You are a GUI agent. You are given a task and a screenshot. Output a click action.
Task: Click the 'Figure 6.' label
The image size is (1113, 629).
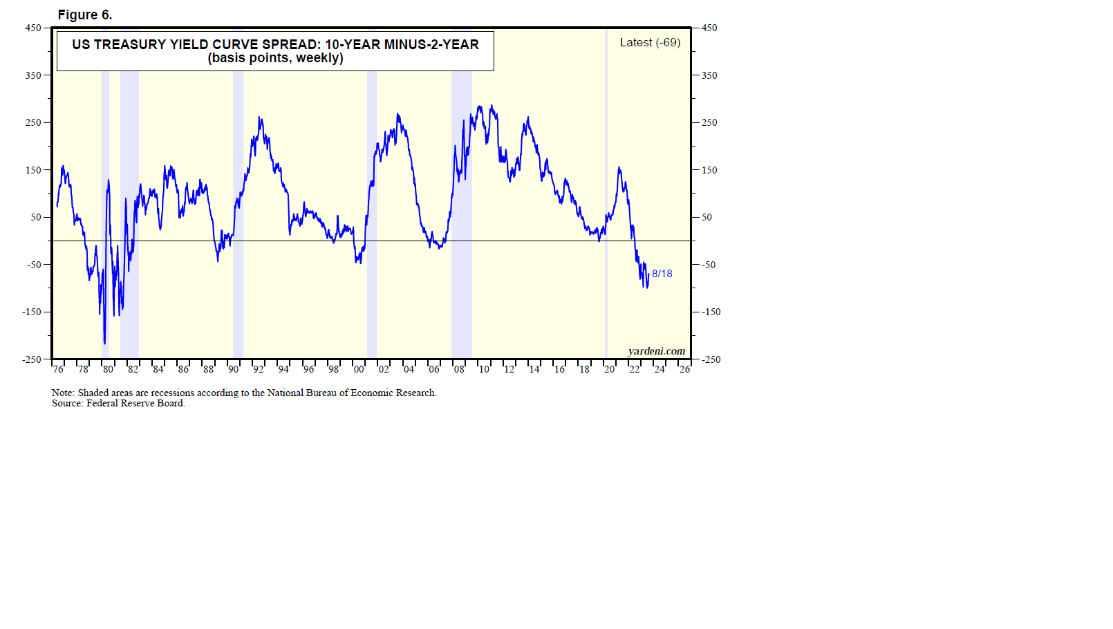click(84, 15)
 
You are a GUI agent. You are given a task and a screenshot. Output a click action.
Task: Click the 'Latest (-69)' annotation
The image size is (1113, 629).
click(650, 42)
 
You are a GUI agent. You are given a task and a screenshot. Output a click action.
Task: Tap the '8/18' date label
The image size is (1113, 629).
click(662, 274)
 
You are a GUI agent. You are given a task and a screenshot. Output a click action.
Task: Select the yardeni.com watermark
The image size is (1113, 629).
click(656, 351)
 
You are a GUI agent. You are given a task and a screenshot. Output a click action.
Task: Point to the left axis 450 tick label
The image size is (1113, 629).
click(33, 28)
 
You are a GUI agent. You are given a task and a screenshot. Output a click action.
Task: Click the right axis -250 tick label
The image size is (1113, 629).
click(711, 359)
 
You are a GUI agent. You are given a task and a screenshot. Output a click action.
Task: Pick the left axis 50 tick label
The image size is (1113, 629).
click(36, 217)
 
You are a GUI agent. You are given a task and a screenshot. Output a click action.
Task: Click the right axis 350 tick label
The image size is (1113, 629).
click(709, 75)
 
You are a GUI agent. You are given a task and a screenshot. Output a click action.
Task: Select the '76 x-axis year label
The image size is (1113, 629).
click(58, 369)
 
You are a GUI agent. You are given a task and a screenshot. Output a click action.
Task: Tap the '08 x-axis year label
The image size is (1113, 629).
click(459, 369)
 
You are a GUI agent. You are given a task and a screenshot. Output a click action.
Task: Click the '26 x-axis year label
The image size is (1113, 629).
click(684, 369)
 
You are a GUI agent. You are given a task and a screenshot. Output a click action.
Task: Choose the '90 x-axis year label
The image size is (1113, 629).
click(234, 369)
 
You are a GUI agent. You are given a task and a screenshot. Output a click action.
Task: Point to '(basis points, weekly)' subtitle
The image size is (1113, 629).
click(275, 58)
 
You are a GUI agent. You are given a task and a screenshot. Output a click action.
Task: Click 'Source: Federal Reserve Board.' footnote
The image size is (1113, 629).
click(118, 403)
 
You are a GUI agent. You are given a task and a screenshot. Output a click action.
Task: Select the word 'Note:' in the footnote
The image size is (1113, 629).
click(63, 393)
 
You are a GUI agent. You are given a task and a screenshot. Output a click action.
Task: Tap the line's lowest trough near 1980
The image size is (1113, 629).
click(104, 343)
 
